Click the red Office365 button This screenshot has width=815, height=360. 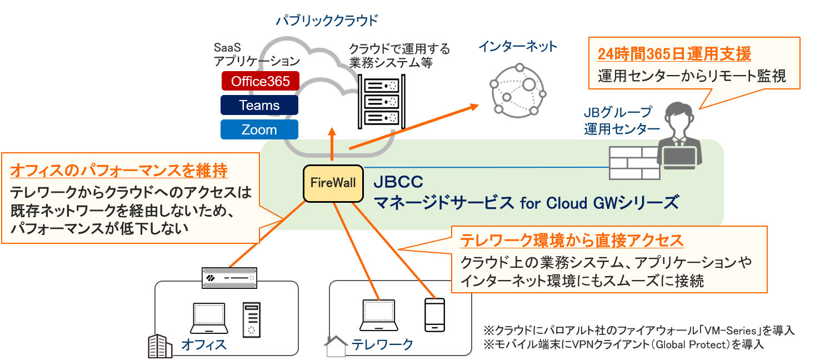260,81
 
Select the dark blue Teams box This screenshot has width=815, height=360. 259,105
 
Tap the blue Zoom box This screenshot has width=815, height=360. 259,129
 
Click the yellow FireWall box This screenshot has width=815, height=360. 333,183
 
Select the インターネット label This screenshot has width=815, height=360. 518,47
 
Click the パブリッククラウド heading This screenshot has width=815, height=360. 328,21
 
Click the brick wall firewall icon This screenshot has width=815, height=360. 634,162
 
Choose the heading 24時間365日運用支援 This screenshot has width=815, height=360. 674,54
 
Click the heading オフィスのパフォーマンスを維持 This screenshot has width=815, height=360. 119,170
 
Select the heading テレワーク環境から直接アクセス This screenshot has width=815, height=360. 572,241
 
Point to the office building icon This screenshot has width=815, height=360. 159,345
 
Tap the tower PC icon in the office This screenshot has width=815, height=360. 252,320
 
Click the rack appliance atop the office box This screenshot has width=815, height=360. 230,277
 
